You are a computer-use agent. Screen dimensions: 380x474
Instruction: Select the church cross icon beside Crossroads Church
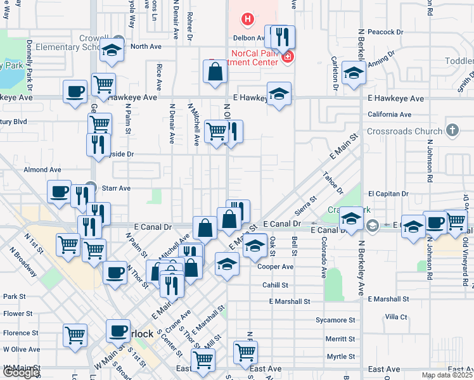click(452, 130)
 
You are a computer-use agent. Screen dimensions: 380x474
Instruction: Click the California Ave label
click(390, 115)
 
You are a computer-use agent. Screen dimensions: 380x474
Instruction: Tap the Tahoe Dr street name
click(332, 184)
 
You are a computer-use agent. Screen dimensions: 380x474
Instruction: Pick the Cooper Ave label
click(276, 267)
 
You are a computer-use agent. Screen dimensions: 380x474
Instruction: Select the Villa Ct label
click(395, 316)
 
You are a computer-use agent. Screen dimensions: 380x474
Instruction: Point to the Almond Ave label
click(42, 170)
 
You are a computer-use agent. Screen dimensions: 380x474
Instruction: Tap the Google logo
click(20, 373)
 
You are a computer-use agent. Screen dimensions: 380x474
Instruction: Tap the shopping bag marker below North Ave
click(215, 71)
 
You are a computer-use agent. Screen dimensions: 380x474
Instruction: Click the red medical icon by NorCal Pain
click(288, 56)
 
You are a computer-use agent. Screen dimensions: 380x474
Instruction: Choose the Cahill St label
click(276, 285)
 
